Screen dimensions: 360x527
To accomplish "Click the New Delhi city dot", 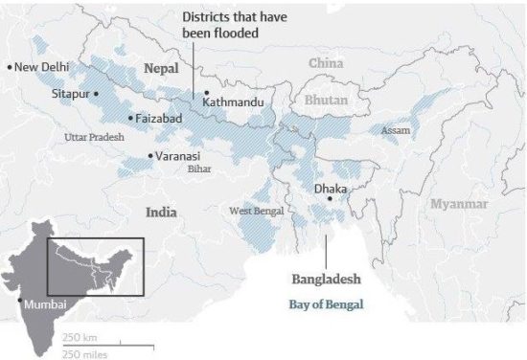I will coord(9,67).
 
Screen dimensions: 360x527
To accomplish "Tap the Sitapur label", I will coord(70,94).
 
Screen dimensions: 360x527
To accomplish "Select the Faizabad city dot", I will coord(130,118).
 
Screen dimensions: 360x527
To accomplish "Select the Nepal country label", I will coord(161,69).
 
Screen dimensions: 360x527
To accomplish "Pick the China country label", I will coord(326,63).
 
